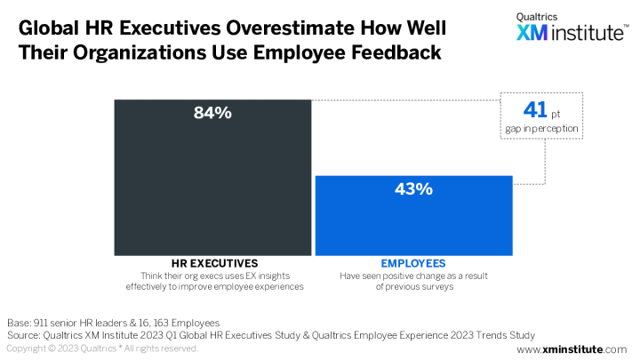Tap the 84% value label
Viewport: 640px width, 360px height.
(212, 113)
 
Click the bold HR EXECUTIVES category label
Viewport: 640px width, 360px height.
(212, 263)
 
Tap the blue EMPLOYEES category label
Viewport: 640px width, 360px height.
(414, 263)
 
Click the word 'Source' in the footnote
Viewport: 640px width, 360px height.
(25, 335)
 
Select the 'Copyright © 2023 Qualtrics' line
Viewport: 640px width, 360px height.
(67, 349)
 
